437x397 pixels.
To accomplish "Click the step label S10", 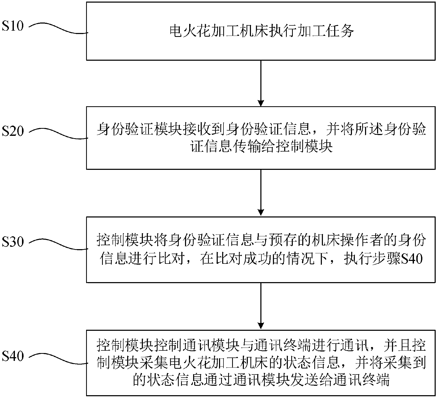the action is pyautogui.click(x=13, y=26).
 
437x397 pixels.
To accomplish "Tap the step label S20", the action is pyautogui.click(x=13, y=131).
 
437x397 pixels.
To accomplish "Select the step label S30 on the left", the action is pyautogui.click(x=13, y=242).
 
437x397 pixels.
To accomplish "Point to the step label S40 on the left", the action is pyautogui.click(x=13, y=356).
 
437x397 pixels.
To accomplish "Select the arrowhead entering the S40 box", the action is pyautogui.click(x=261, y=326).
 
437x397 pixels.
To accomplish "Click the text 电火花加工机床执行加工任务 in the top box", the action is pyautogui.click(x=261, y=32).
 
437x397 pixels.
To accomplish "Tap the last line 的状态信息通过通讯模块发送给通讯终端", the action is pyautogui.click(x=261, y=380).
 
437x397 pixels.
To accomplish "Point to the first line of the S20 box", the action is pyautogui.click(x=261, y=129).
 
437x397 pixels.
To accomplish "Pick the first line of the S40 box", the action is pyautogui.click(x=261, y=346).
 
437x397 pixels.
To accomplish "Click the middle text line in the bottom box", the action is pyautogui.click(x=261, y=363).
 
